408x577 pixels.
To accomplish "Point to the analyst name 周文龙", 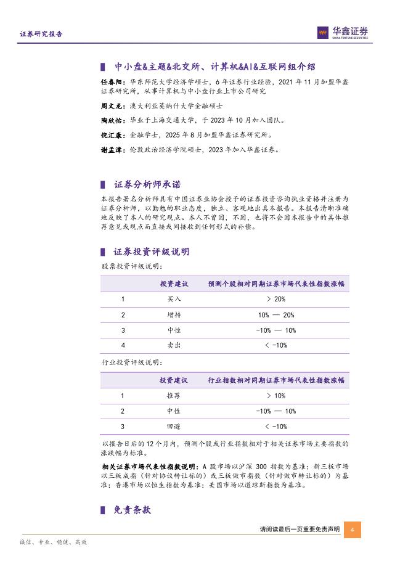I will point(112,106).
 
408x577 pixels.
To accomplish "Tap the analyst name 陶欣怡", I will point(112,120).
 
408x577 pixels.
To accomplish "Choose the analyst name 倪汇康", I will point(112,134).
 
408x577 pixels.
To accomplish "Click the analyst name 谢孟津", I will point(112,149).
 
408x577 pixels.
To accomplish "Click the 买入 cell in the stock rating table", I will point(174,298).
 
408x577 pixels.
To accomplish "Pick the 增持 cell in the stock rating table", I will point(174,314).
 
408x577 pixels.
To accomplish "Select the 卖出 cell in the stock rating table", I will point(174,345).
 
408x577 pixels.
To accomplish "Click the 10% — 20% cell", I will point(276,314).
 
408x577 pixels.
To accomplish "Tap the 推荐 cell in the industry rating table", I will point(174,396).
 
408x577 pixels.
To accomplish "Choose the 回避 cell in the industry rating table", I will point(174,426).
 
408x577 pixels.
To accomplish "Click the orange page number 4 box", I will point(352,530).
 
